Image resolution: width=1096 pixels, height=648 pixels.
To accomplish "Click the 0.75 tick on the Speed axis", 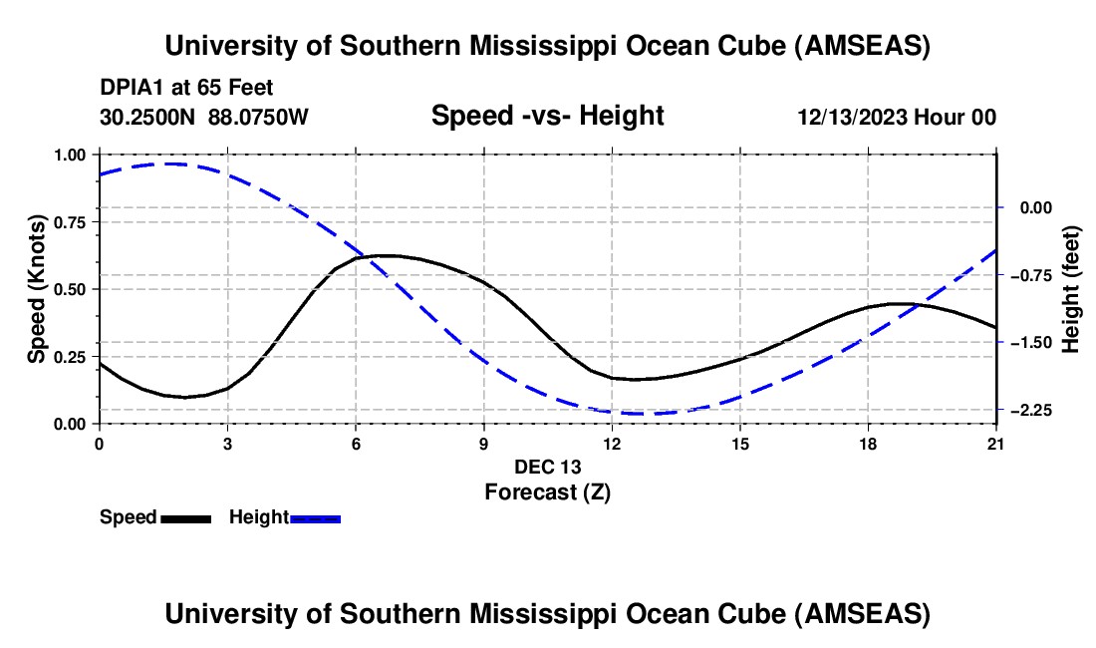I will [x=71, y=222].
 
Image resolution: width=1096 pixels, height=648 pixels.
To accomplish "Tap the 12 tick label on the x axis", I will [x=611, y=444].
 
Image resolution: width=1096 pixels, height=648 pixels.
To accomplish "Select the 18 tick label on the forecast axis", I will [x=868, y=444].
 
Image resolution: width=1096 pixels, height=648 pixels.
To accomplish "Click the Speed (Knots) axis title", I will [x=37, y=289].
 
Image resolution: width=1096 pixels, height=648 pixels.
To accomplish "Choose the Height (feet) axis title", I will [x=1071, y=290].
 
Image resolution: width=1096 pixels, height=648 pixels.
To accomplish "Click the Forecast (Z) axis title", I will [x=547, y=491].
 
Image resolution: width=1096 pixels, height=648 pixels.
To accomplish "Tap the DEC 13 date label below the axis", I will [x=547, y=467].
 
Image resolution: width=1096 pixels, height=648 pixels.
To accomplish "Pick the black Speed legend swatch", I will [x=185, y=517].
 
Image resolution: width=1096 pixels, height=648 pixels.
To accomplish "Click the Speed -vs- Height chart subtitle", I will [x=547, y=116].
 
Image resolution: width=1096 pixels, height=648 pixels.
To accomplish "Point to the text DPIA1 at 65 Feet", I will [x=186, y=88].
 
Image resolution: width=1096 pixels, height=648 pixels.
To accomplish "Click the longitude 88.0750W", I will [x=258, y=117].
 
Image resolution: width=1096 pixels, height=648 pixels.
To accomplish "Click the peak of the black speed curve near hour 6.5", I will [x=384, y=256].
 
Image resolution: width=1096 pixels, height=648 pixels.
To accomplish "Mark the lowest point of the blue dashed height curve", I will [x=638, y=413].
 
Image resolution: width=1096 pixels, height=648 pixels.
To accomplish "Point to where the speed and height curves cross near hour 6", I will [x=366, y=257].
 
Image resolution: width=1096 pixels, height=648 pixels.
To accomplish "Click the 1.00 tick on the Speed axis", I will [x=71, y=155].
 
